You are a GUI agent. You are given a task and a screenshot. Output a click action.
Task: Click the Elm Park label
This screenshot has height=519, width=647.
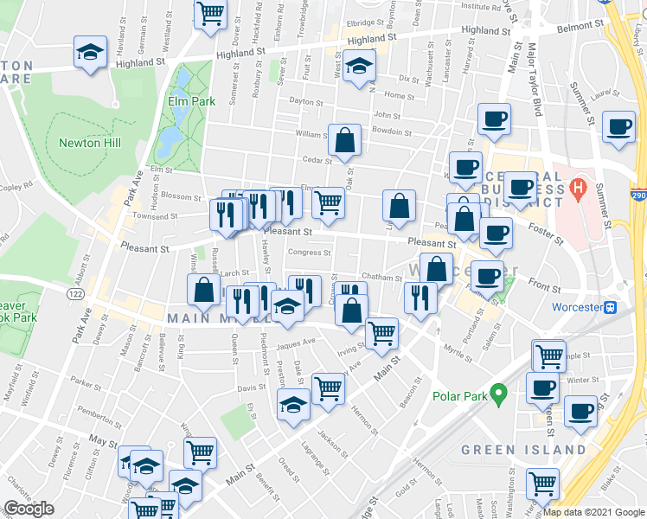(x=191, y=101)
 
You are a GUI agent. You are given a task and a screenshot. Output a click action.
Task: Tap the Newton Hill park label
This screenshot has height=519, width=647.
(x=89, y=143)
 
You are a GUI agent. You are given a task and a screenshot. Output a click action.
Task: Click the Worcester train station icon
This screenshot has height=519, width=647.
(x=610, y=307)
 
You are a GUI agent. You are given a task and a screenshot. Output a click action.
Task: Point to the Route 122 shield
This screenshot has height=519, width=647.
(x=74, y=294)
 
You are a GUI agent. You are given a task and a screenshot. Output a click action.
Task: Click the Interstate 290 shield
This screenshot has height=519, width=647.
(x=637, y=196)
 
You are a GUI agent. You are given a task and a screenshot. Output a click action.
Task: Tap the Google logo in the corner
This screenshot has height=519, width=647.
(x=29, y=509)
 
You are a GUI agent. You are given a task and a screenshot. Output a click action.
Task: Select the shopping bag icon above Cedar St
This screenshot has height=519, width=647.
(x=344, y=139)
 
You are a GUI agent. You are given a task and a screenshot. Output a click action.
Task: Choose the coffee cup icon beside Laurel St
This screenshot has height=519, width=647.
(x=618, y=128)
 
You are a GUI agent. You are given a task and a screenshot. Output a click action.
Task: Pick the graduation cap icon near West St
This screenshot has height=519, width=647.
(x=358, y=66)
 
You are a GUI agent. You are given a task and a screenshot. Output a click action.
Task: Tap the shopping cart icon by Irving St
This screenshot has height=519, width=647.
(x=381, y=332)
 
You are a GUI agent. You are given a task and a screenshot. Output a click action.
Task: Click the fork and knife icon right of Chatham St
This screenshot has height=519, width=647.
(x=420, y=298)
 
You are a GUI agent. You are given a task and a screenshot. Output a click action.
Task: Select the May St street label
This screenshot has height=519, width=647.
(x=102, y=441)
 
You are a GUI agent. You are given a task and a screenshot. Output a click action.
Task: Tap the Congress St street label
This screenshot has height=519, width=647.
(x=309, y=253)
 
